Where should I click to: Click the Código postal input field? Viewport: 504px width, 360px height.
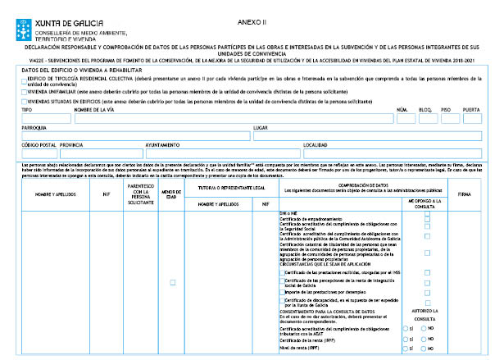(39, 153)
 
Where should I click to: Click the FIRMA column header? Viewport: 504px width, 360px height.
(465, 194)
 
